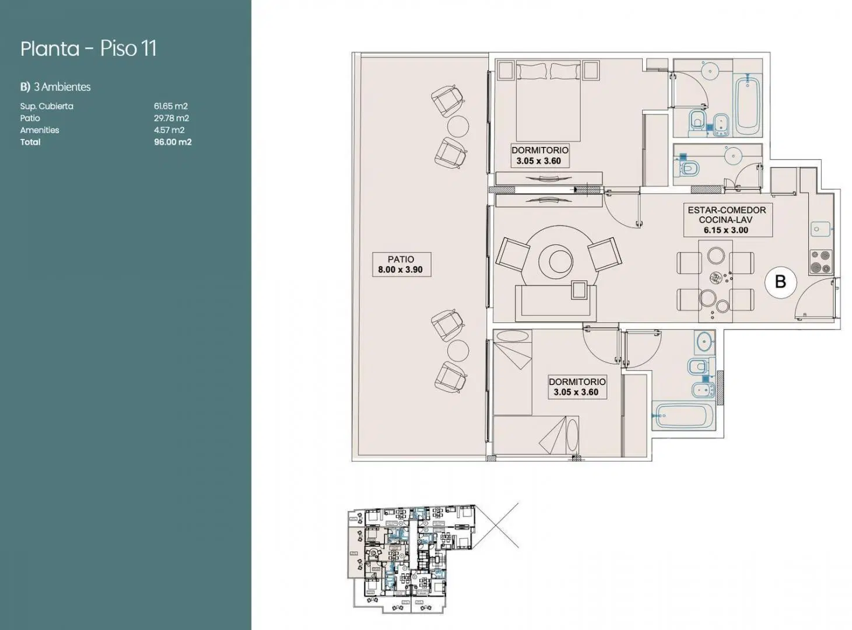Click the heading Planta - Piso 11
89,48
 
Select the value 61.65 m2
170,106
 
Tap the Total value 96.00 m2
173,142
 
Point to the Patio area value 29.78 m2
171,118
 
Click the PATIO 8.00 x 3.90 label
401,264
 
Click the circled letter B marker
780,282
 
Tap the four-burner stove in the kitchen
821,262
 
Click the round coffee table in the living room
560,261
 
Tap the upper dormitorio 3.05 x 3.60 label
539,155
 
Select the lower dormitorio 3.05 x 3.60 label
577,387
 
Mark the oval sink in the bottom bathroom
704,342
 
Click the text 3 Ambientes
62,87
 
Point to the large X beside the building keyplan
496,526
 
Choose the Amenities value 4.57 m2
169,130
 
